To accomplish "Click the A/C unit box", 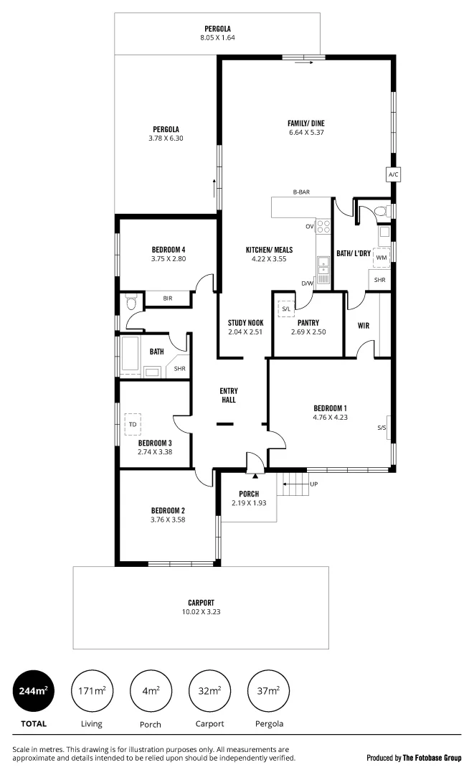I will [392, 175].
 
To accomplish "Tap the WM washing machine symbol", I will [381, 257].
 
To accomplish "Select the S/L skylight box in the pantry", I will [286, 309].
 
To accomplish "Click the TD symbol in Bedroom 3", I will [133, 424].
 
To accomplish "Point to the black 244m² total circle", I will [33, 692].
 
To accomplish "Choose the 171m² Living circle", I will [91, 692].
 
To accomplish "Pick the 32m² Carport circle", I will [209, 692].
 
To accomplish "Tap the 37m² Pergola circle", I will [267, 692].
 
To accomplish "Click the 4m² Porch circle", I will [150, 692].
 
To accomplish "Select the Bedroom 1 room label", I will [330, 408].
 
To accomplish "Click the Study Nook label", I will [246, 323].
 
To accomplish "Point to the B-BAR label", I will [300, 192].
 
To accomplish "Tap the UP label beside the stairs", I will [313, 484].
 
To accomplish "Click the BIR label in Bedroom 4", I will [167, 299].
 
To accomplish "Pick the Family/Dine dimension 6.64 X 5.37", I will [306, 132].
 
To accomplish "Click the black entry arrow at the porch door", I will [255, 475].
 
